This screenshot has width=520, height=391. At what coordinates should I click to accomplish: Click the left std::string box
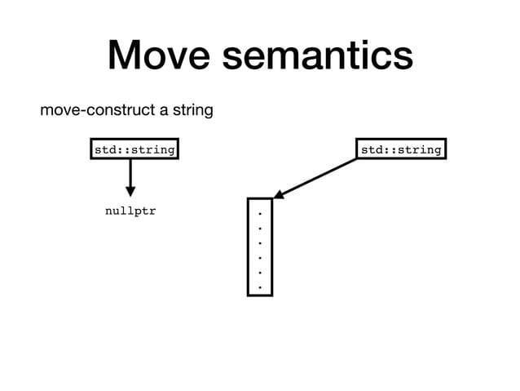tap(134, 150)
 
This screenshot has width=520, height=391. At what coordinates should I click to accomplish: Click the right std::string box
tap(401, 150)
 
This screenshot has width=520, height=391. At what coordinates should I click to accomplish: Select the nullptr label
tap(130, 211)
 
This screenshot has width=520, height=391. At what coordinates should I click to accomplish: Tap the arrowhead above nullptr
tap(130, 191)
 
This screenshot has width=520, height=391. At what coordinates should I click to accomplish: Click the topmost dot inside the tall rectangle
tap(259, 214)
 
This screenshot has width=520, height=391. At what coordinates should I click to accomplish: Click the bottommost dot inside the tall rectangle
tap(259, 287)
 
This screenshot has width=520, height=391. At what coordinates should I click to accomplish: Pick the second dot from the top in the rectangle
tap(259, 229)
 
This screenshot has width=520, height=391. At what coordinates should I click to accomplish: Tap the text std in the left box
tap(104, 150)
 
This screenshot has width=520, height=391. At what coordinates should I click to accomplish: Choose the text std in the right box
tap(372, 150)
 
